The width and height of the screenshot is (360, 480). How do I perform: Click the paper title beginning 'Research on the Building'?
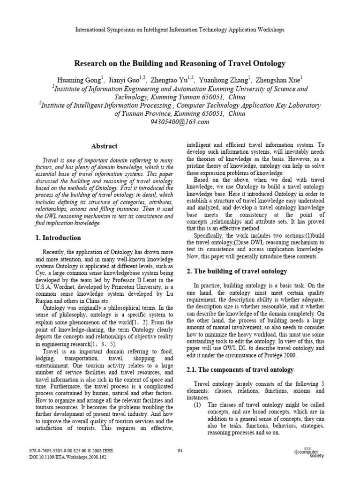pyautogui.click(x=180, y=63)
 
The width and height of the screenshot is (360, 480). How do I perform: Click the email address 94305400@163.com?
pyautogui.click(x=180, y=122)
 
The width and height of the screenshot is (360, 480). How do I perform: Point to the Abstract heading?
pyautogui.click(x=105, y=146)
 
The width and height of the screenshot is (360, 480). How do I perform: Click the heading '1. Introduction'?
pyautogui.click(x=58, y=238)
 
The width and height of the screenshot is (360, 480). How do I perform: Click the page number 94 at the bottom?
pyautogui.click(x=180, y=451)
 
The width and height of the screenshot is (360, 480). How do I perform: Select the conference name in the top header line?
pyautogui.click(x=180, y=30)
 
